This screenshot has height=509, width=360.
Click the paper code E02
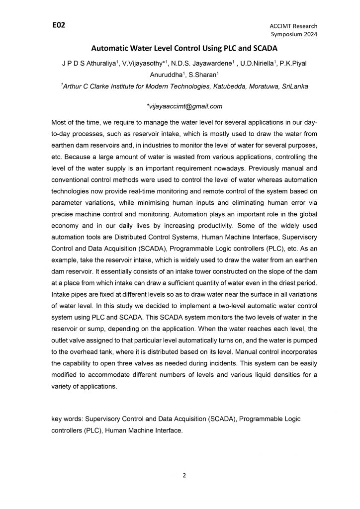tap(59, 25)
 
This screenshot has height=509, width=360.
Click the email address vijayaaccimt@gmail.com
tap(184, 106)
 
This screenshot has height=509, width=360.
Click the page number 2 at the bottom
tap(184, 476)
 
